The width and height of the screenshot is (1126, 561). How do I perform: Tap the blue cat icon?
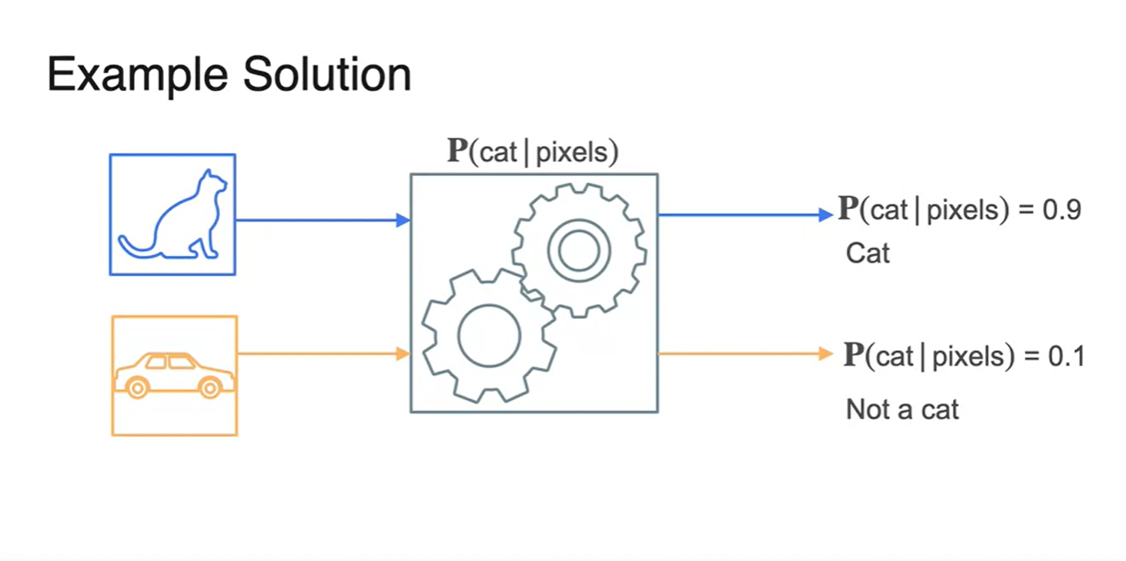172,214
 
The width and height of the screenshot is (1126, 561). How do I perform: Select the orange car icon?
174,375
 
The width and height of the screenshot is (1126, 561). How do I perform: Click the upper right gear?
579,250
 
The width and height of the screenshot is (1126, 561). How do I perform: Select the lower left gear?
488,336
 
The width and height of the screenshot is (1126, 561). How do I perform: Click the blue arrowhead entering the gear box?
403,220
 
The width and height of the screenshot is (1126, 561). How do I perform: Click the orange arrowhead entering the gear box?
403,353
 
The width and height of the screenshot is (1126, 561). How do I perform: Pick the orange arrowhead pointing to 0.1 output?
826,353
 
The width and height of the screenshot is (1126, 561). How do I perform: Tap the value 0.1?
1066,356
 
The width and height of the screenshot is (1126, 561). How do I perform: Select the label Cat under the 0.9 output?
868,253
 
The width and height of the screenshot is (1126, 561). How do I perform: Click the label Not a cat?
902,410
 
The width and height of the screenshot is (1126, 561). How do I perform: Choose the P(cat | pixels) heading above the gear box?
532,152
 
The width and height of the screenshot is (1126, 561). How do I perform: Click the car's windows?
169,362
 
